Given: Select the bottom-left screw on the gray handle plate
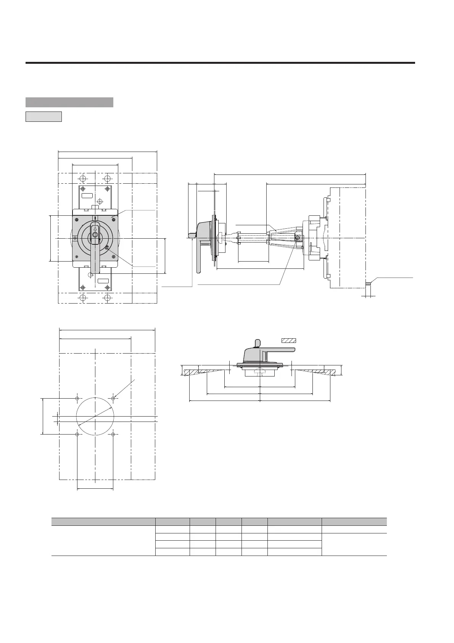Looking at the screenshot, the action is [x=77, y=257].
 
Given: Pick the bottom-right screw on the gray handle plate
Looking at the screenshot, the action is [x=113, y=257].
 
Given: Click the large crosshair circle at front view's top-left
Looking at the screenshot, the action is [x=83, y=179].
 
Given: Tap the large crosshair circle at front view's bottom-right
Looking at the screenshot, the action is [x=108, y=297].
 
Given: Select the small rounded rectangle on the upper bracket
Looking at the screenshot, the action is [x=87, y=195].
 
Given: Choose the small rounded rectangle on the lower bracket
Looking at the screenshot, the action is [x=103, y=281].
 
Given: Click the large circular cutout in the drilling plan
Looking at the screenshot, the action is [x=95, y=416].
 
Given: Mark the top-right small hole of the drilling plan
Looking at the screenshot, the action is [x=113, y=398].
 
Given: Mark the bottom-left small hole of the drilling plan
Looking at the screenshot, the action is [x=77, y=435].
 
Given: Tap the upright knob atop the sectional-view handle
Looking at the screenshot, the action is [x=257, y=343].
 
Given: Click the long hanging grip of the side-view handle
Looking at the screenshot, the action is [x=199, y=260].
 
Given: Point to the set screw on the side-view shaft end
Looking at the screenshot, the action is [x=298, y=238].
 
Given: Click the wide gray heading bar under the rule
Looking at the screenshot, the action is [x=69, y=102].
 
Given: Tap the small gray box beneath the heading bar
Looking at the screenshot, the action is [x=43, y=116].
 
